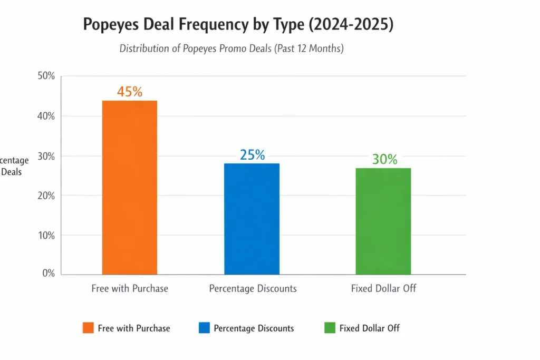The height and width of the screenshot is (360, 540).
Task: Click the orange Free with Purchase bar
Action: (x=129, y=187)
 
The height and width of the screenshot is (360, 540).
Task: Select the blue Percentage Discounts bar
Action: (x=252, y=219)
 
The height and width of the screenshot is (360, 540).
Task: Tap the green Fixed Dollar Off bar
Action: (x=383, y=221)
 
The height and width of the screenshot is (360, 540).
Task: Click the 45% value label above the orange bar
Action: (x=130, y=92)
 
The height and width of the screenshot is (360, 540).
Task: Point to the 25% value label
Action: (x=252, y=155)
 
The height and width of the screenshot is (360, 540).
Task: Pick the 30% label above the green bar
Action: (x=384, y=159)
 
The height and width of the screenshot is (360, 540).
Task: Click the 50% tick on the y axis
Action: (x=46, y=76)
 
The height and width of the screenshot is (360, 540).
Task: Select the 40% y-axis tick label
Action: (x=46, y=116)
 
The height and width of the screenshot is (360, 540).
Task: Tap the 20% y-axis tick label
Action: (x=46, y=196)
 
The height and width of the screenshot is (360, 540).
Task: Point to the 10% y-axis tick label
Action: (x=46, y=235)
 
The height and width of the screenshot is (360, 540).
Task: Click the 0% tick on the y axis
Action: (x=49, y=274)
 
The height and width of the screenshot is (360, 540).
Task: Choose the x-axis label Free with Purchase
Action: (x=130, y=288)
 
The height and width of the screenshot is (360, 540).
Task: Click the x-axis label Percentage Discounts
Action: (x=253, y=288)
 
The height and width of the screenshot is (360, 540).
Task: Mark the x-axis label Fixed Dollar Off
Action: (x=383, y=288)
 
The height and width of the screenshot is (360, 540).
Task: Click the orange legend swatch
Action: (x=88, y=328)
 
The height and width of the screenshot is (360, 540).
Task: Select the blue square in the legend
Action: (x=204, y=328)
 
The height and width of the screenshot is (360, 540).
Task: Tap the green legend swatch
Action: (x=330, y=328)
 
